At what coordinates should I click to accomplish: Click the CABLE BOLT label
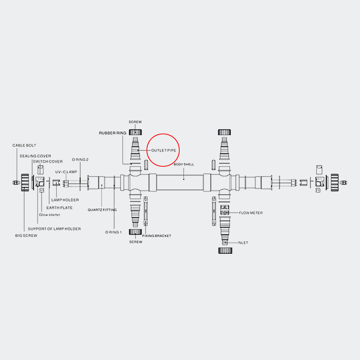point(24,145)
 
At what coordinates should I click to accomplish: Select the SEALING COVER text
point(35,156)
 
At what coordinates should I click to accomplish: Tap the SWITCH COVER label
point(48,161)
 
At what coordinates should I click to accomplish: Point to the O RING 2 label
point(80,159)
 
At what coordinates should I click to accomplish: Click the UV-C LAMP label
point(66,172)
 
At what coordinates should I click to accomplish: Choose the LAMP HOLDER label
point(65,200)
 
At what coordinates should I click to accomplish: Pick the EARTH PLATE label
point(59,208)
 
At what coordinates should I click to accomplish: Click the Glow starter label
point(50,215)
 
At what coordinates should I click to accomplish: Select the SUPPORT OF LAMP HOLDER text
point(54,229)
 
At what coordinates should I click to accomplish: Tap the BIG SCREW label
point(26,235)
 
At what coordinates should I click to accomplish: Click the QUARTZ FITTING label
point(102,210)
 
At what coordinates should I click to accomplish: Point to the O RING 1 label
point(113,232)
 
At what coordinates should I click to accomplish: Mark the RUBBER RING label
point(112,133)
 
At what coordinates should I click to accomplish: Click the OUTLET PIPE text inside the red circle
point(164,150)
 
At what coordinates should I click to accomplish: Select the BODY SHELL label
point(184,165)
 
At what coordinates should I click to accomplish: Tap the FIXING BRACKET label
point(157,235)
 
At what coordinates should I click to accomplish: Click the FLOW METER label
point(251,213)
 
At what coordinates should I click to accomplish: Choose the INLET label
point(243,243)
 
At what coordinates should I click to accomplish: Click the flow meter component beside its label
point(225,210)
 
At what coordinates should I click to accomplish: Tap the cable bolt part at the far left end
point(16,183)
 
